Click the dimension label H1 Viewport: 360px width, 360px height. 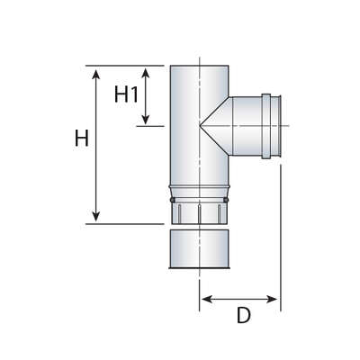(126, 94)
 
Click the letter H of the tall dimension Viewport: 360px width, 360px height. (82, 138)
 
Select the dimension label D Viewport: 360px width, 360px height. (243, 315)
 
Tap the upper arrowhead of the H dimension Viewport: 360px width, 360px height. (95, 75)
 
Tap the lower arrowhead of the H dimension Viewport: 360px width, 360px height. (95, 216)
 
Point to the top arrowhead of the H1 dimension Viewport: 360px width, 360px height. (146, 74)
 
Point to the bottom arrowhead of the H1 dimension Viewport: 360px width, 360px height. (146, 119)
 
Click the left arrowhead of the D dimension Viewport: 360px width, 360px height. (207, 299)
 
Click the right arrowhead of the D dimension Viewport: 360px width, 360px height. (272, 299)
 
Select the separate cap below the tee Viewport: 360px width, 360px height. (200, 249)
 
